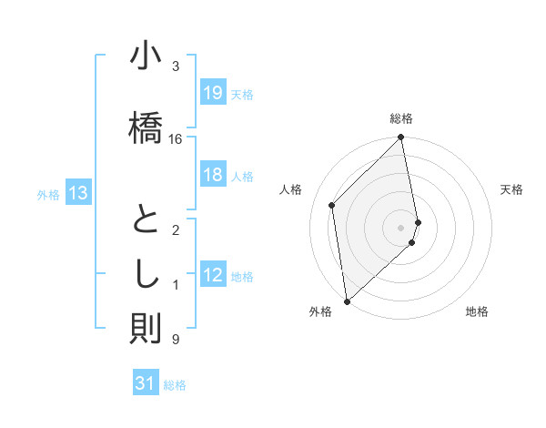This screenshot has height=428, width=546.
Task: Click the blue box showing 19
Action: pyautogui.click(x=212, y=92)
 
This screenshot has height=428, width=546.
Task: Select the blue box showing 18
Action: pyautogui.click(x=212, y=175)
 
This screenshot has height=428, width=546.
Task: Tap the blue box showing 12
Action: pyautogui.click(x=212, y=275)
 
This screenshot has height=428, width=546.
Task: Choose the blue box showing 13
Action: pyautogui.click(x=77, y=192)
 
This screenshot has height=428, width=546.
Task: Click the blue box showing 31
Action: pyautogui.click(x=146, y=383)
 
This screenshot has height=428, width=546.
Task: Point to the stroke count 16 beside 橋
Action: pyautogui.click(x=176, y=139)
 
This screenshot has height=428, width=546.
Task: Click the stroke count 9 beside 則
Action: pyautogui.click(x=175, y=340)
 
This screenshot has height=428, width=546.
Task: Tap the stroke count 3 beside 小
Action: pyautogui.click(x=175, y=66)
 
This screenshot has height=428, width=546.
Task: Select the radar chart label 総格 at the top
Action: pyautogui.click(x=401, y=118)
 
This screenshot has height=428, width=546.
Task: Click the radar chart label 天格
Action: pyautogui.click(x=511, y=189)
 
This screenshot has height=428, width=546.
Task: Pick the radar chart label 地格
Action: pyautogui.click(x=477, y=312)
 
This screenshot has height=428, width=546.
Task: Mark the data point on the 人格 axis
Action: pyautogui.click(x=332, y=205)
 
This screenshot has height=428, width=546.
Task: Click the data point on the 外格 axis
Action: pyautogui.click(x=347, y=301)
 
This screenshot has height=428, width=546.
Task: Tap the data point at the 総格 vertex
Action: pyautogui.click(x=401, y=138)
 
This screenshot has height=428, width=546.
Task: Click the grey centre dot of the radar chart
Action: pyautogui.click(x=401, y=227)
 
